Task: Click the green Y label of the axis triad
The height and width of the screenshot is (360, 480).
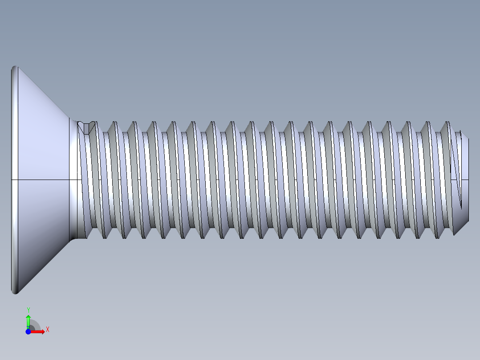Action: coord(28,310)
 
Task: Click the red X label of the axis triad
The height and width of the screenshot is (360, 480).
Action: coord(47,330)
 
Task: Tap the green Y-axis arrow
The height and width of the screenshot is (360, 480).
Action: coord(28,321)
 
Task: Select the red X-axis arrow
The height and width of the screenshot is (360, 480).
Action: coord(38,331)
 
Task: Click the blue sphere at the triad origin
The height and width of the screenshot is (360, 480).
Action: coord(28,331)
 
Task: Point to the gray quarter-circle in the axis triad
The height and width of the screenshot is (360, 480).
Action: coord(35,326)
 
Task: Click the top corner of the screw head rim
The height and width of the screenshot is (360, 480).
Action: coord(15,67)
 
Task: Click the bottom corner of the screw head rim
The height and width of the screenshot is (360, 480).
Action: coord(15,293)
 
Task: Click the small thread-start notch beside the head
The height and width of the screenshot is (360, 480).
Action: coord(86,127)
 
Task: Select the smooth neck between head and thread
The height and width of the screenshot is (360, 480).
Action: coord(74,178)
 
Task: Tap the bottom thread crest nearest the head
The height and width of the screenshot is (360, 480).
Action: coord(105,237)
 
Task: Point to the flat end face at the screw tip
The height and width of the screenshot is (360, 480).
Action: coord(466,160)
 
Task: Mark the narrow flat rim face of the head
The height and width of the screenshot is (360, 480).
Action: coord(14,134)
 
